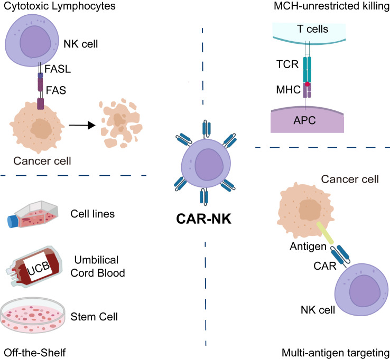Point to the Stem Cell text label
pos(93,316)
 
